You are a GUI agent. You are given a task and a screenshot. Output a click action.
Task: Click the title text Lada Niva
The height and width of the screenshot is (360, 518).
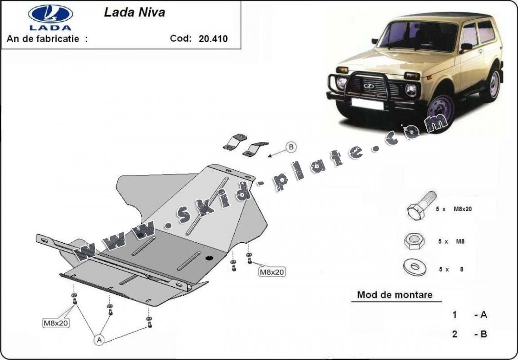[134, 12]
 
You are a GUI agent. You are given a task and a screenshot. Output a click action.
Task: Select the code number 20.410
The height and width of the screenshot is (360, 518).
[213, 38]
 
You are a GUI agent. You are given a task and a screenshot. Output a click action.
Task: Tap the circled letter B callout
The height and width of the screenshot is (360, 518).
[291, 147]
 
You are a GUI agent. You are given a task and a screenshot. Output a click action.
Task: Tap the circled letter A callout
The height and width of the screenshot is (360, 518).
[99, 340]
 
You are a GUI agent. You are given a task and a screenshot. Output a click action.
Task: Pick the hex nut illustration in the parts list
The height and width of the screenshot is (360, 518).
[414, 242]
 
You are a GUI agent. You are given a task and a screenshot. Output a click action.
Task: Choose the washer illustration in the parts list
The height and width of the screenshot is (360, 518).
[414, 268]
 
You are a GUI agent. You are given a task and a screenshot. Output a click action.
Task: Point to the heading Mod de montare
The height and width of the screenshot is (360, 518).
[394, 295]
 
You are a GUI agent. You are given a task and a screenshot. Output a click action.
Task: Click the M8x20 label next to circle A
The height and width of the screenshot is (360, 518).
[56, 322]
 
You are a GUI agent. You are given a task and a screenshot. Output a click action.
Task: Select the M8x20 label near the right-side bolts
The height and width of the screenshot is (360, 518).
[272, 271]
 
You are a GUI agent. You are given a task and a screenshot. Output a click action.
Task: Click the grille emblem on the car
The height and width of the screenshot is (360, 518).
[369, 85]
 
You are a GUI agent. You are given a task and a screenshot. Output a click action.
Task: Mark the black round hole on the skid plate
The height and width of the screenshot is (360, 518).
[209, 258]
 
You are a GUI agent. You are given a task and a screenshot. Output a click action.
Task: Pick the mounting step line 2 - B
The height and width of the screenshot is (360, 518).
[469, 333]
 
